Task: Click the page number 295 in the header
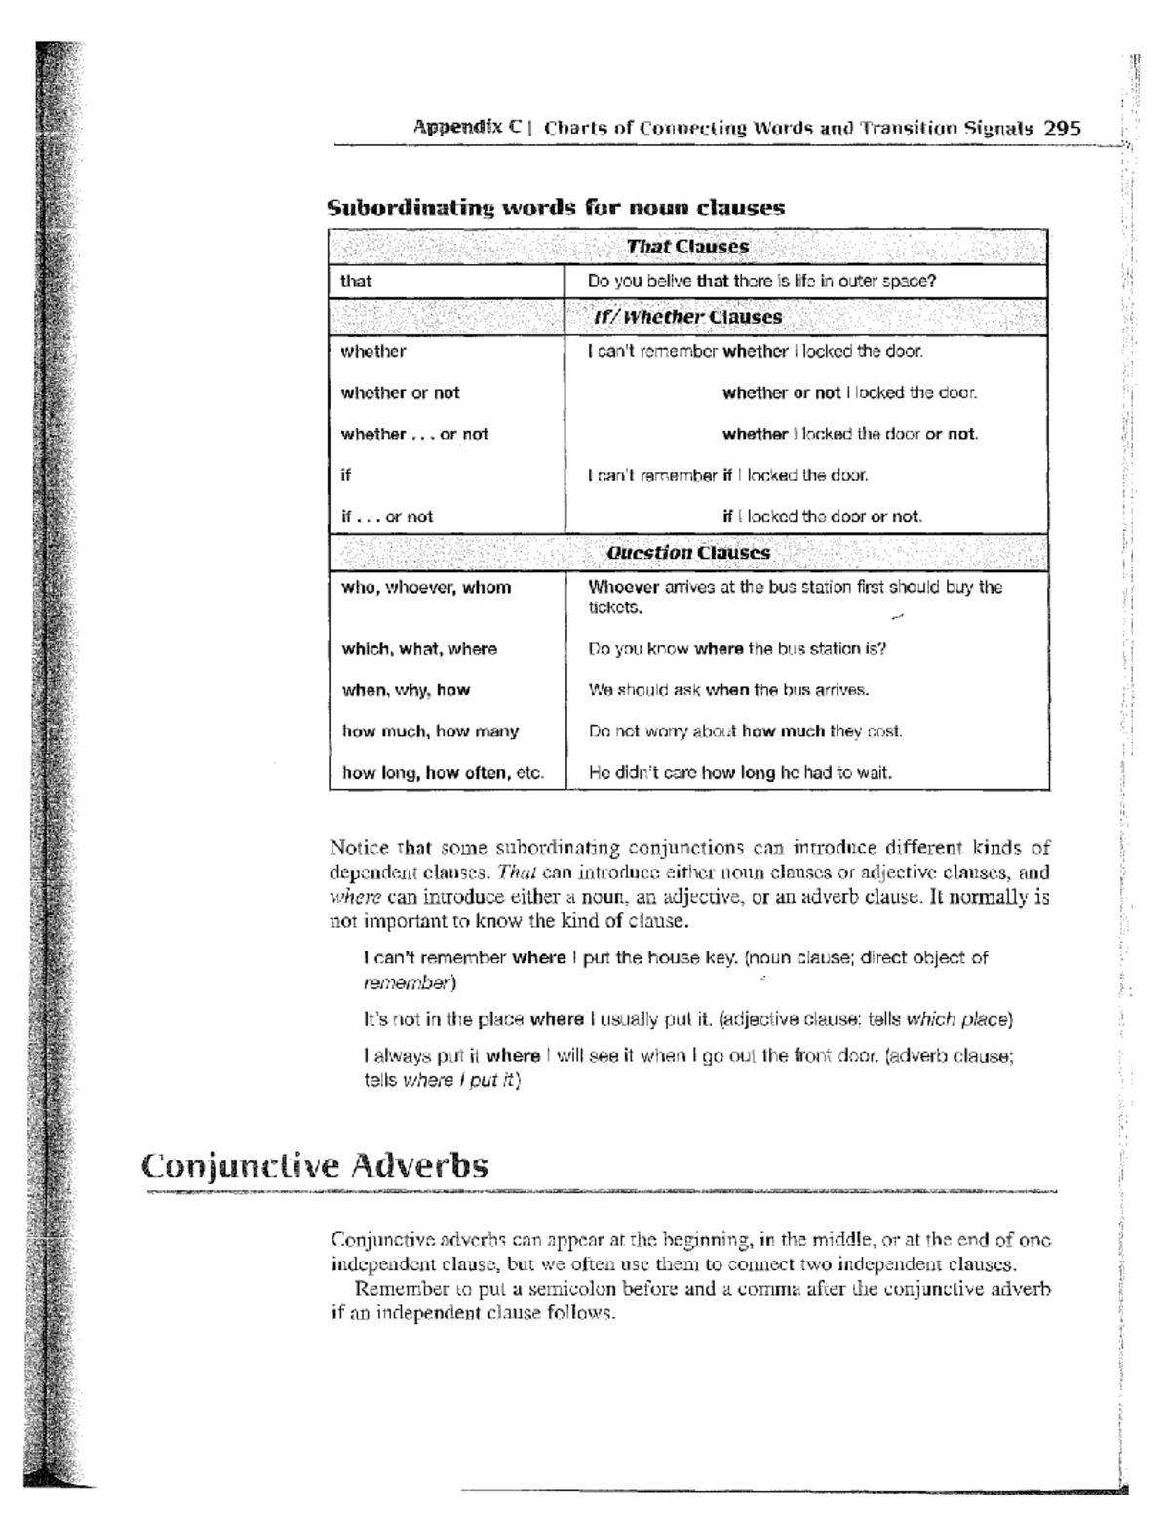[x=1062, y=128]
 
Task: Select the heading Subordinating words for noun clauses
[x=556, y=207]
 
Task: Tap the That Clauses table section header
[x=687, y=247]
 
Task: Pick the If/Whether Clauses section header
[x=687, y=317]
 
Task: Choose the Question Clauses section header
[x=687, y=553]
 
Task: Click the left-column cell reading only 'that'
[x=356, y=281]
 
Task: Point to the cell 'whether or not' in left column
[x=400, y=393]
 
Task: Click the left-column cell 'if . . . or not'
[x=386, y=517]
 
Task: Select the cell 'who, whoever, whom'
[x=426, y=587]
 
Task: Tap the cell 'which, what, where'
[x=419, y=649]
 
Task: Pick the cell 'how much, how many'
[x=430, y=731]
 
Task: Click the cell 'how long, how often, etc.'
[x=443, y=773]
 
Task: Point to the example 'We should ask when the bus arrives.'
[x=728, y=690]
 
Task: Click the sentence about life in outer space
[x=761, y=281]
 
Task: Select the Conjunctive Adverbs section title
[x=314, y=1165]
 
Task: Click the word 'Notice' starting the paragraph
[x=359, y=848]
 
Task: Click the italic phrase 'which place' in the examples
[x=956, y=1020]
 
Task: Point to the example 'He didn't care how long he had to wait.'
[x=740, y=773]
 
